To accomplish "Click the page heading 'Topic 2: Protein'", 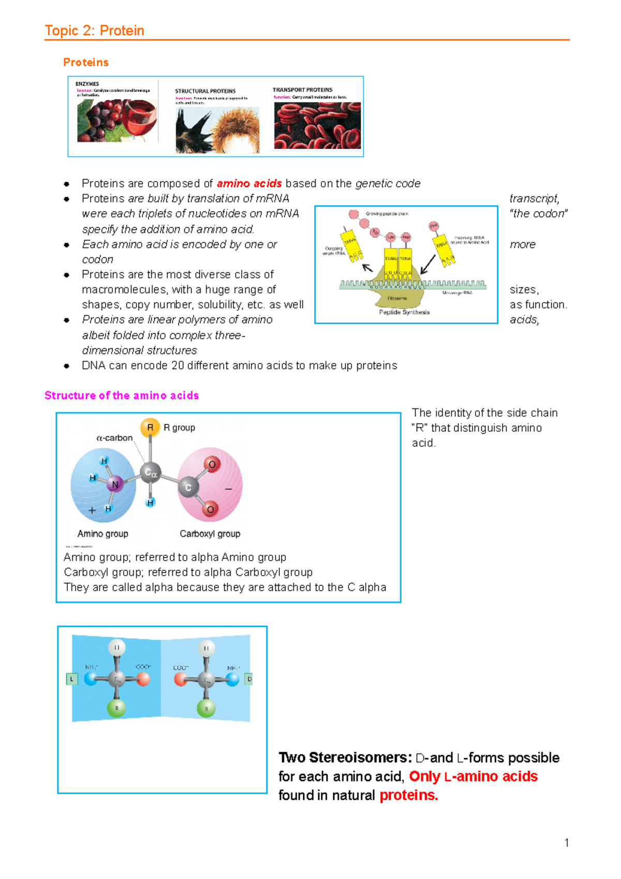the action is tap(94, 31).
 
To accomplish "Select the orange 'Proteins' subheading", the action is tap(86, 62).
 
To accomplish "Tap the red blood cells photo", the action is tap(317, 125).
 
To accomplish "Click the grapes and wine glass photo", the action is tap(117, 121).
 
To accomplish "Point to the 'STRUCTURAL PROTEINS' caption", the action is tap(205, 91).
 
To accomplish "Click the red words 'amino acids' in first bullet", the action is tap(249, 183).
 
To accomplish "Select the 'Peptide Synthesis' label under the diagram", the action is tap(404, 312).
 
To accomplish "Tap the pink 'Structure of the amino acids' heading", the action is tap(122, 395).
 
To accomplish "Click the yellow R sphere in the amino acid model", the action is tap(150, 428).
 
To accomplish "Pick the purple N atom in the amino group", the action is tap(115, 485).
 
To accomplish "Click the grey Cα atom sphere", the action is tap(151, 472).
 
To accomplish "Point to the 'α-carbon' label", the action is tap(114, 438).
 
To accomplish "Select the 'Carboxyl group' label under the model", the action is tap(210, 534).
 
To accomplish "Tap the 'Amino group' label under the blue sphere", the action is tap(102, 534).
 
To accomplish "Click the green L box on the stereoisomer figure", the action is tap(71, 679).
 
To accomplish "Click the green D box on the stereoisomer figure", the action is tap(249, 679).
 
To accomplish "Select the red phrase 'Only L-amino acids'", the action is tap(473, 777).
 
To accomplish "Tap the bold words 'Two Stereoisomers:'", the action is tap(345, 758).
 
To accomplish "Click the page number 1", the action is tap(567, 843).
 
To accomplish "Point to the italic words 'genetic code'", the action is tap(388, 183).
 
